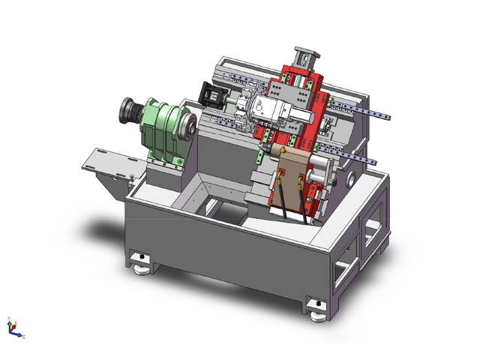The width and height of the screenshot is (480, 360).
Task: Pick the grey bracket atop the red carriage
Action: (305, 57)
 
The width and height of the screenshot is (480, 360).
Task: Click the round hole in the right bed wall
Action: (352, 181)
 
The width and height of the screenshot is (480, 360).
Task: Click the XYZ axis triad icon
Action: (13, 328)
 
